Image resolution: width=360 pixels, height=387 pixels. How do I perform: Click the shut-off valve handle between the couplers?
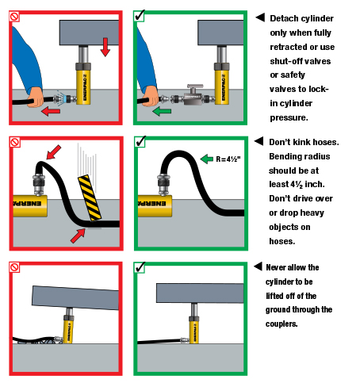pos(195,86)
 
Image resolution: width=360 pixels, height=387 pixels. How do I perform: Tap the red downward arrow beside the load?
pos(105,47)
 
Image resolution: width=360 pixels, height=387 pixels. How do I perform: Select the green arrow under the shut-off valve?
pos(162,111)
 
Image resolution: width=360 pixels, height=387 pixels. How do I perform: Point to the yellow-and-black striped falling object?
pos(90,197)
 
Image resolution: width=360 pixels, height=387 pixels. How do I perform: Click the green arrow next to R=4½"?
pos(206,159)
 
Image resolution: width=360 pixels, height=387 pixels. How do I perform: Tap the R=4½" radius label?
pos(228,159)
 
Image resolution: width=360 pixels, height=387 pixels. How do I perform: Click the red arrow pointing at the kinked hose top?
pos(54,152)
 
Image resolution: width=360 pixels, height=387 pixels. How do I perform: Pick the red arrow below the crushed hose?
pos(78,236)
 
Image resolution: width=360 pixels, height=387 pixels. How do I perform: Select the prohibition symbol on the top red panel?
pos(14,17)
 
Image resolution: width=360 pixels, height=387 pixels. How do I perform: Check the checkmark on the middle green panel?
pos(140,142)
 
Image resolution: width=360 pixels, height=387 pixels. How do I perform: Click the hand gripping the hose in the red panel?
pos(36,98)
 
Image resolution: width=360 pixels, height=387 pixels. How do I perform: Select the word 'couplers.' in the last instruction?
pos(281,324)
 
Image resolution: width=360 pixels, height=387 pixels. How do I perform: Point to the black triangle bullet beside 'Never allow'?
pos(258,266)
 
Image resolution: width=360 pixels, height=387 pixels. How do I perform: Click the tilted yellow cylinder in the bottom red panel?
pos(68,328)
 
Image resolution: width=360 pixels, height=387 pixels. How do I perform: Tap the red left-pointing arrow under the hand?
pos(51,111)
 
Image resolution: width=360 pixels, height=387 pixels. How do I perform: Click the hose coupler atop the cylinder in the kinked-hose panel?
pos(39,184)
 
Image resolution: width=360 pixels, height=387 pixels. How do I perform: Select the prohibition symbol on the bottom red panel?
pos(14,267)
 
